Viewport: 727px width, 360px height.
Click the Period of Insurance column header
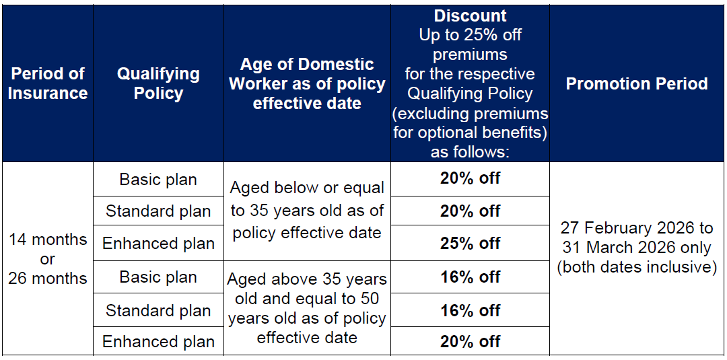[x=48, y=83]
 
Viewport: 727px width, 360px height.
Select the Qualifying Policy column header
[x=158, y=83]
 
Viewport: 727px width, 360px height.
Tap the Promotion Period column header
[x=637, y=83]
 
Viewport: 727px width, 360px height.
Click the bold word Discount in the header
[x=470, y=15]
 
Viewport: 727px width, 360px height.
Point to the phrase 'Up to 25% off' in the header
[x=470, y=35]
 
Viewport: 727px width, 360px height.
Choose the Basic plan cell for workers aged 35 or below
[x=158, y=179]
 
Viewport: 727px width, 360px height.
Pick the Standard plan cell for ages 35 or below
[x=158, y=211]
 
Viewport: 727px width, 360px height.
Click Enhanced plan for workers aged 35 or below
[x=158, y=243]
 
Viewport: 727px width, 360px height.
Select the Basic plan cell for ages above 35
[x=158, y=277]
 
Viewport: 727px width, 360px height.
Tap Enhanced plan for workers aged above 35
[x=158, y=341]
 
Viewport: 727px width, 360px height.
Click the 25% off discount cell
[x=470, y=243]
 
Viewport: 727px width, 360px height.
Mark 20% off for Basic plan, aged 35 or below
[x=470, y=178]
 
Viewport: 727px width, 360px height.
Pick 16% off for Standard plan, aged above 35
[x=470, y=310]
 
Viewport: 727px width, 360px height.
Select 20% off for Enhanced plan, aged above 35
[x=470, y=341]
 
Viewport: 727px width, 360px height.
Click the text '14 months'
[x=48, y=240]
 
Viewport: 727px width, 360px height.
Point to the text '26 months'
[x=48, y=278]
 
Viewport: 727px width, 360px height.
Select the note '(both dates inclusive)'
[x=637, y=267]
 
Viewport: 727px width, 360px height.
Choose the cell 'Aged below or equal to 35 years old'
[x=308, y=211]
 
